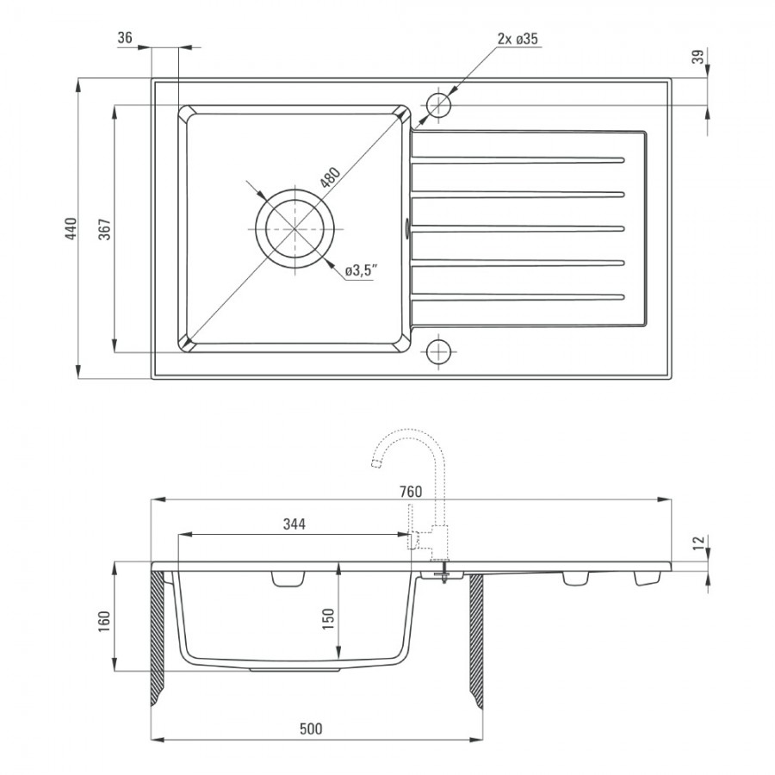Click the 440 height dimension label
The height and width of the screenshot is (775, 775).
click(x=71, y=228)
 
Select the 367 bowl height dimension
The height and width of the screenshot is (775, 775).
click(x=106, y=229)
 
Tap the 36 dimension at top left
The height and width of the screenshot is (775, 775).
click(x=125, y=38)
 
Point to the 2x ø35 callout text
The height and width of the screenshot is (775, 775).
click(x=518, y=39)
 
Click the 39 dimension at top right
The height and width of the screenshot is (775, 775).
click(x=697, y=57)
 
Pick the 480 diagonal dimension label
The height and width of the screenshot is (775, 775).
click(x=330, y=178)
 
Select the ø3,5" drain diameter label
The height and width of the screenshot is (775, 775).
click(x=362, y=271)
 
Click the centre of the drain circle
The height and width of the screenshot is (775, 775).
click(x=294, y=228)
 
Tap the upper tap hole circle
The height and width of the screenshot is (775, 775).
click(x=438, y=105)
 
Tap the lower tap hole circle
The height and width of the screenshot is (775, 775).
click(x=438, y=351)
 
